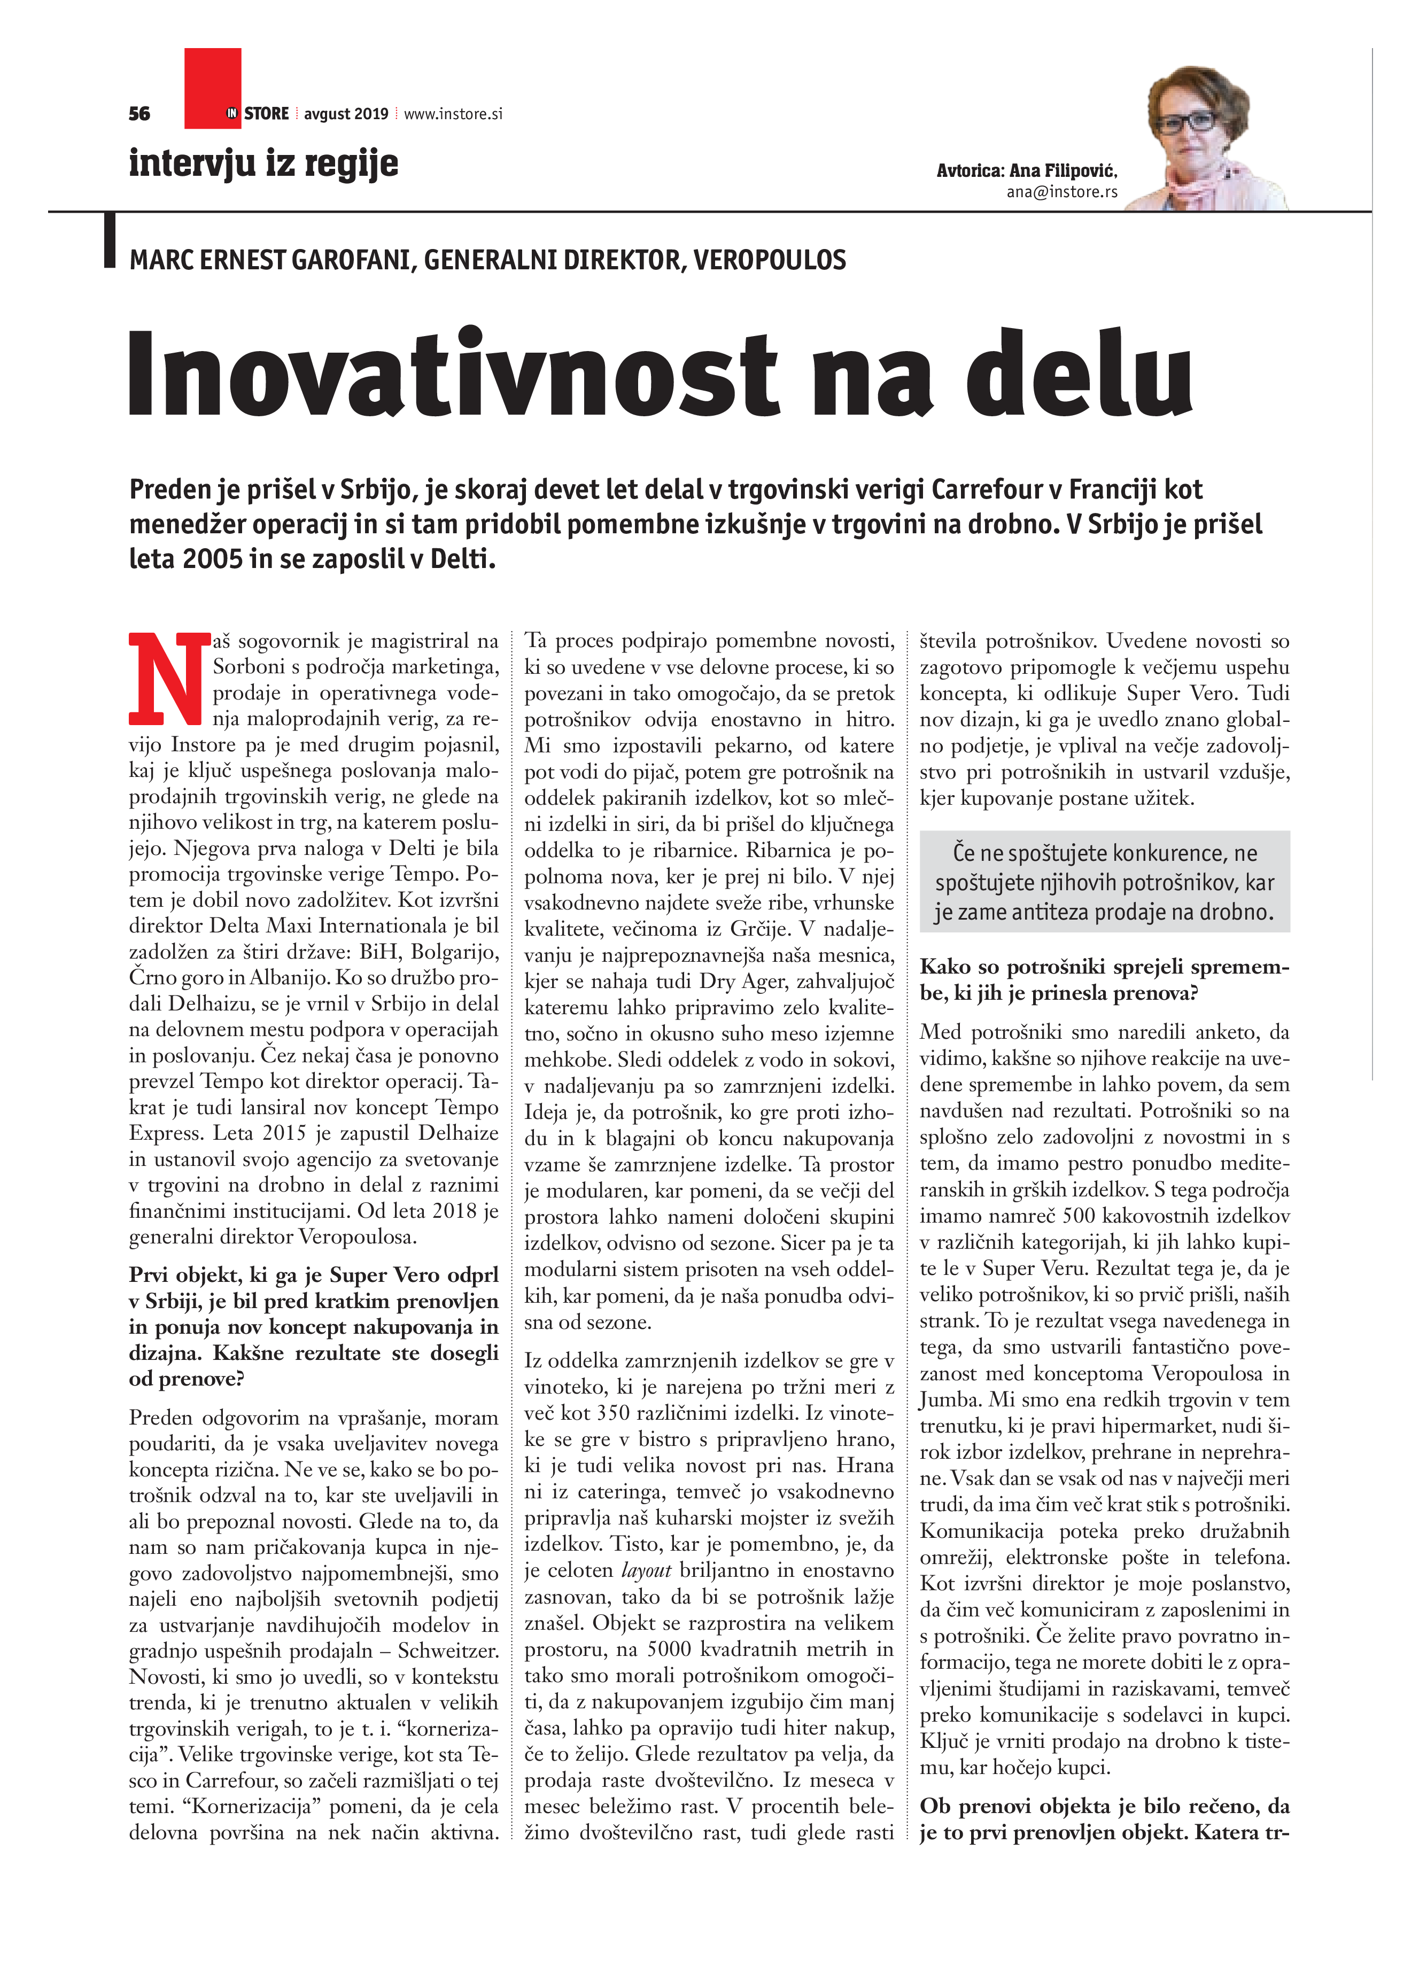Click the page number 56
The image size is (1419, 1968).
[139, 114]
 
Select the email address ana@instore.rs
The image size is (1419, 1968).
[1061, 192]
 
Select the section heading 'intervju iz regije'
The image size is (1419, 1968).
[263, 163]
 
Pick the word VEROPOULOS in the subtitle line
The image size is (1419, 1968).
[769, 260]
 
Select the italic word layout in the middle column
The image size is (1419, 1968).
[646, 1570]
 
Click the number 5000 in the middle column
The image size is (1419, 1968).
[668, 1648]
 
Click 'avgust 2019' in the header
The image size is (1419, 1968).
[345, 114]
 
